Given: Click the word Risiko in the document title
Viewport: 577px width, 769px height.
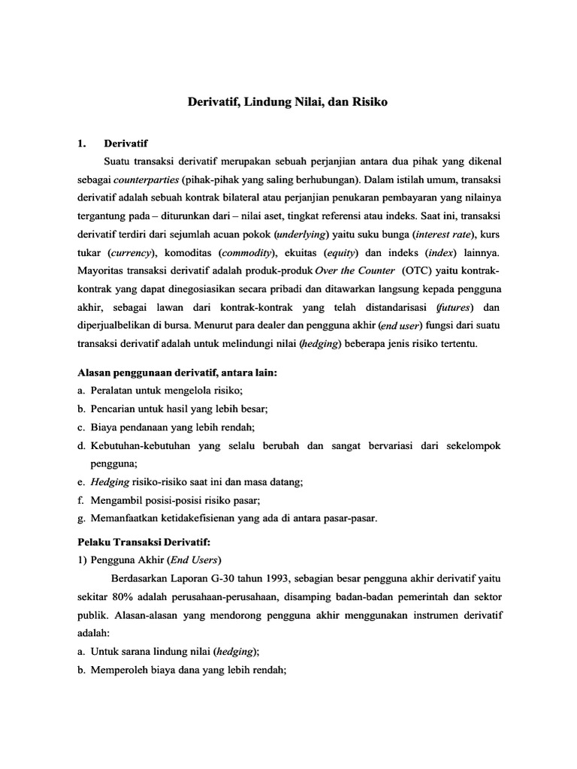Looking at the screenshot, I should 368,101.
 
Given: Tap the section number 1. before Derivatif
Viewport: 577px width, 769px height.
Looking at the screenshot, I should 83,142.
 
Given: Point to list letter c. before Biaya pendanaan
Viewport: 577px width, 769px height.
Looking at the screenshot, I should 82,427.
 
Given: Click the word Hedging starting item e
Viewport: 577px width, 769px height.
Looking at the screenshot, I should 109,482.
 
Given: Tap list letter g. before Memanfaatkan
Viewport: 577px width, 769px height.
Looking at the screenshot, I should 82,518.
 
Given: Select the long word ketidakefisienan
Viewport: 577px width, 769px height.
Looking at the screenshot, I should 201,518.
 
